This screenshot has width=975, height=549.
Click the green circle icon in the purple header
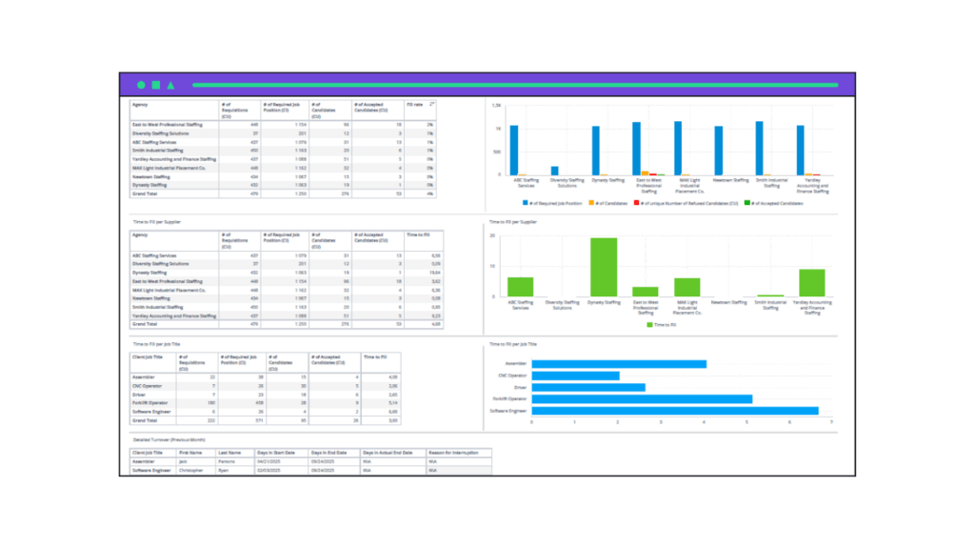tap(141, 85)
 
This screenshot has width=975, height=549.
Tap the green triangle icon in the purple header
tap(170, 85)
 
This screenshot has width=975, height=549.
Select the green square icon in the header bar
tap(155, 85)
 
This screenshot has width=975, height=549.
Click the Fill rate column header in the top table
tap(415, 104)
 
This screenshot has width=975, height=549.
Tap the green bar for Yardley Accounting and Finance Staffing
tap(811, 282)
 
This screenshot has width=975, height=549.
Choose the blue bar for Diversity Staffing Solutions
tap(555, 171)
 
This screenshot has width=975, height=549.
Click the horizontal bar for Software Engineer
tap(674, 411)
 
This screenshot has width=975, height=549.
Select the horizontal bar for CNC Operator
tap(575, 376)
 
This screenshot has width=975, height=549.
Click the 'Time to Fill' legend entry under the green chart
tap(664, 325)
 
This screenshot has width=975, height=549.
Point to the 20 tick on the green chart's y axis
tap(493, 234)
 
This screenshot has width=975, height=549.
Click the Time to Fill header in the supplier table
tap(418, 234)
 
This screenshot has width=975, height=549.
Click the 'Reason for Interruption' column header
tap(453, 453)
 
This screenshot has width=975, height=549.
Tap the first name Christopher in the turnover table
tap(192, 470)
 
